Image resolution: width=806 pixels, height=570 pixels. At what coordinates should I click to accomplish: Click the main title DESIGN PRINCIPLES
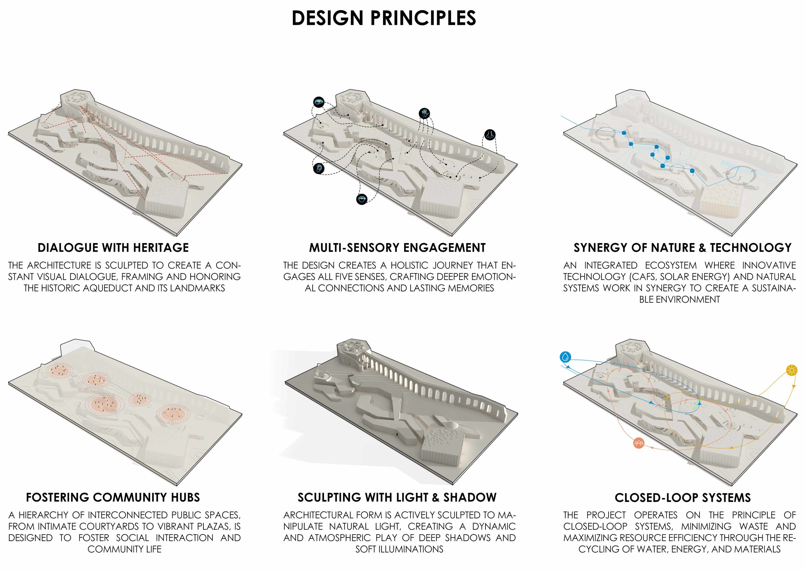[384, 18]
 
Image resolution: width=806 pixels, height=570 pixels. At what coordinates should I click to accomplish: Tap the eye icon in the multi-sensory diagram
[319, 102]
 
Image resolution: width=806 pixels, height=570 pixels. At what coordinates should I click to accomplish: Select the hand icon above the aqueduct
[424, 113]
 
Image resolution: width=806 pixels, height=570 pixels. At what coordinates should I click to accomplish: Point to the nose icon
[490, 134]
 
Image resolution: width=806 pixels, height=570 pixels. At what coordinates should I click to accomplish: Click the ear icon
[318, 168]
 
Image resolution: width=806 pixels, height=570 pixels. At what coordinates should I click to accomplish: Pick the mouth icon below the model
[361, 199]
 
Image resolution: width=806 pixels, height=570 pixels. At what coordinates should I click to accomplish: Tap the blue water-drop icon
[565, 357]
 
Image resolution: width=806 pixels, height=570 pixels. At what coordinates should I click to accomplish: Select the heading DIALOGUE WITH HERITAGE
[113, 248]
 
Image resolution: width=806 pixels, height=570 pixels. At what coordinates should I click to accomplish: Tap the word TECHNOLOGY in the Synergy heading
[751, 248]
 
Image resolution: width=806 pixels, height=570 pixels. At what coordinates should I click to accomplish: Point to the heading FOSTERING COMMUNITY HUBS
[113, 498]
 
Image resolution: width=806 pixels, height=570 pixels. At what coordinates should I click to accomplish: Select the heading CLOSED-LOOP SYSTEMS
[683, 498]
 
